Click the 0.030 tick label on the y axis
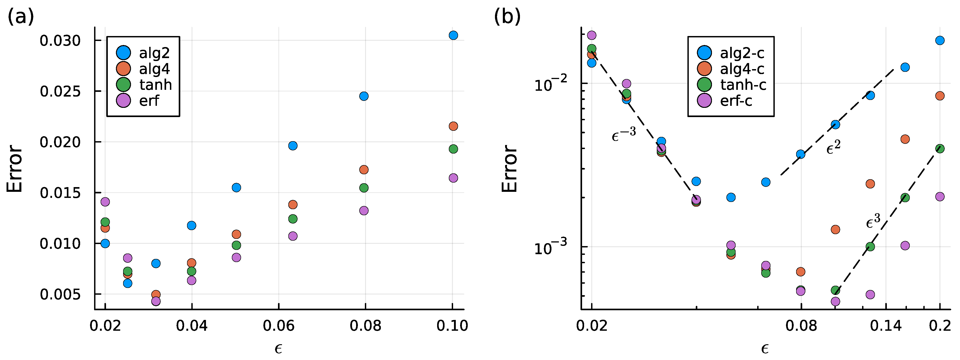tap(60, 41)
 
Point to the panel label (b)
tap(507, 17)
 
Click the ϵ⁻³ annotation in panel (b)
tap(623, 134)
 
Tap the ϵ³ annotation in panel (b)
tap(873, 221)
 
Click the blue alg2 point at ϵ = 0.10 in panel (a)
tap(453, 35)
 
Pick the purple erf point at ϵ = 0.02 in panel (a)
tap(105, 202)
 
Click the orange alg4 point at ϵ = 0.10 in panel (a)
tap(453, 126)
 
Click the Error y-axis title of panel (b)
tap(509, 168)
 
